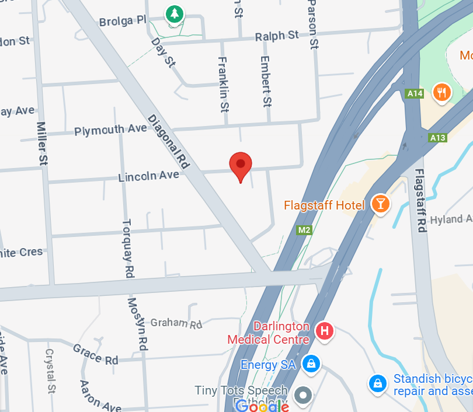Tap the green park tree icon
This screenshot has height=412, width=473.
tap(173, 14)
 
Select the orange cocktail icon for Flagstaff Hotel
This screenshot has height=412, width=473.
tap(381, 204)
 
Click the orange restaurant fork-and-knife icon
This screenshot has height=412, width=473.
tap(442, 92)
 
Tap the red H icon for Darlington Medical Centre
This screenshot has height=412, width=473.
tap(325, 331)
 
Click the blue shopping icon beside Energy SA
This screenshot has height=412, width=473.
tap(311, 364)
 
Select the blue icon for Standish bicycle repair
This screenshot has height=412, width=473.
tap(378, 383)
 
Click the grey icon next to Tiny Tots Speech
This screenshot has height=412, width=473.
tap(303, 396)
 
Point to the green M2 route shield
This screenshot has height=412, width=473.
tap(304, 230)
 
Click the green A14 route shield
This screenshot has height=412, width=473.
tap(415, 93)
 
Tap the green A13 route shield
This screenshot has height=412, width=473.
tap(437, 138)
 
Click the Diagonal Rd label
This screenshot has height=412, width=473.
tap(169, 141)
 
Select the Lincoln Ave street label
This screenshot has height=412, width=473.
tap(148, 176)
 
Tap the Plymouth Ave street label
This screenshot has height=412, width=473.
tap(110, 130)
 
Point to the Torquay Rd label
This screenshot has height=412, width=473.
tap(128, 248)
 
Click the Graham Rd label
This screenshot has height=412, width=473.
tap(176, 323)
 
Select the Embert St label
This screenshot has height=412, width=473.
tap(266, 81)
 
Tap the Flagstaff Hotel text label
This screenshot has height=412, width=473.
tap(324, 205)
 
